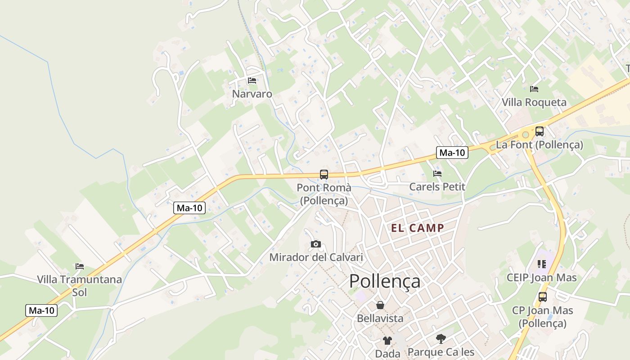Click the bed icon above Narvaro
coord(252,81)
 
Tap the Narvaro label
coord(252,94)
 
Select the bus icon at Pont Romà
coord(324,175)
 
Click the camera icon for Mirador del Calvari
coord(316,244)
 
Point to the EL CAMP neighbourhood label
coord(417,228)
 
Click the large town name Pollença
coord(385,281)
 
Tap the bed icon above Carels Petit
coord(437,174)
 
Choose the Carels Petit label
coord(437,187)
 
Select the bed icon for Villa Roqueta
coord(534,89)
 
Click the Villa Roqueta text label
coord(534,103)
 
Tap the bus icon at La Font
coord(539,131)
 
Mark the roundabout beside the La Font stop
coord(525,135)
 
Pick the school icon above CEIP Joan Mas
coord(541,264)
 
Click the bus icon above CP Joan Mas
coord(543,297)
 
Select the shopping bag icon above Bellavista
coord(380,306)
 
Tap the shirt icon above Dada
coord(387,341)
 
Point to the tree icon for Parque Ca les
coord(441,338)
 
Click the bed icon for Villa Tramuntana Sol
coord(80,266)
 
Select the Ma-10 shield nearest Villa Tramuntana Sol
coord(41,310)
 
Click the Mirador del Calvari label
coord(316,258)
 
